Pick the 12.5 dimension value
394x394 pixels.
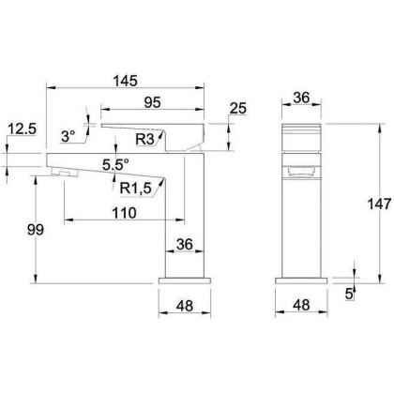tap(23, 129)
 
